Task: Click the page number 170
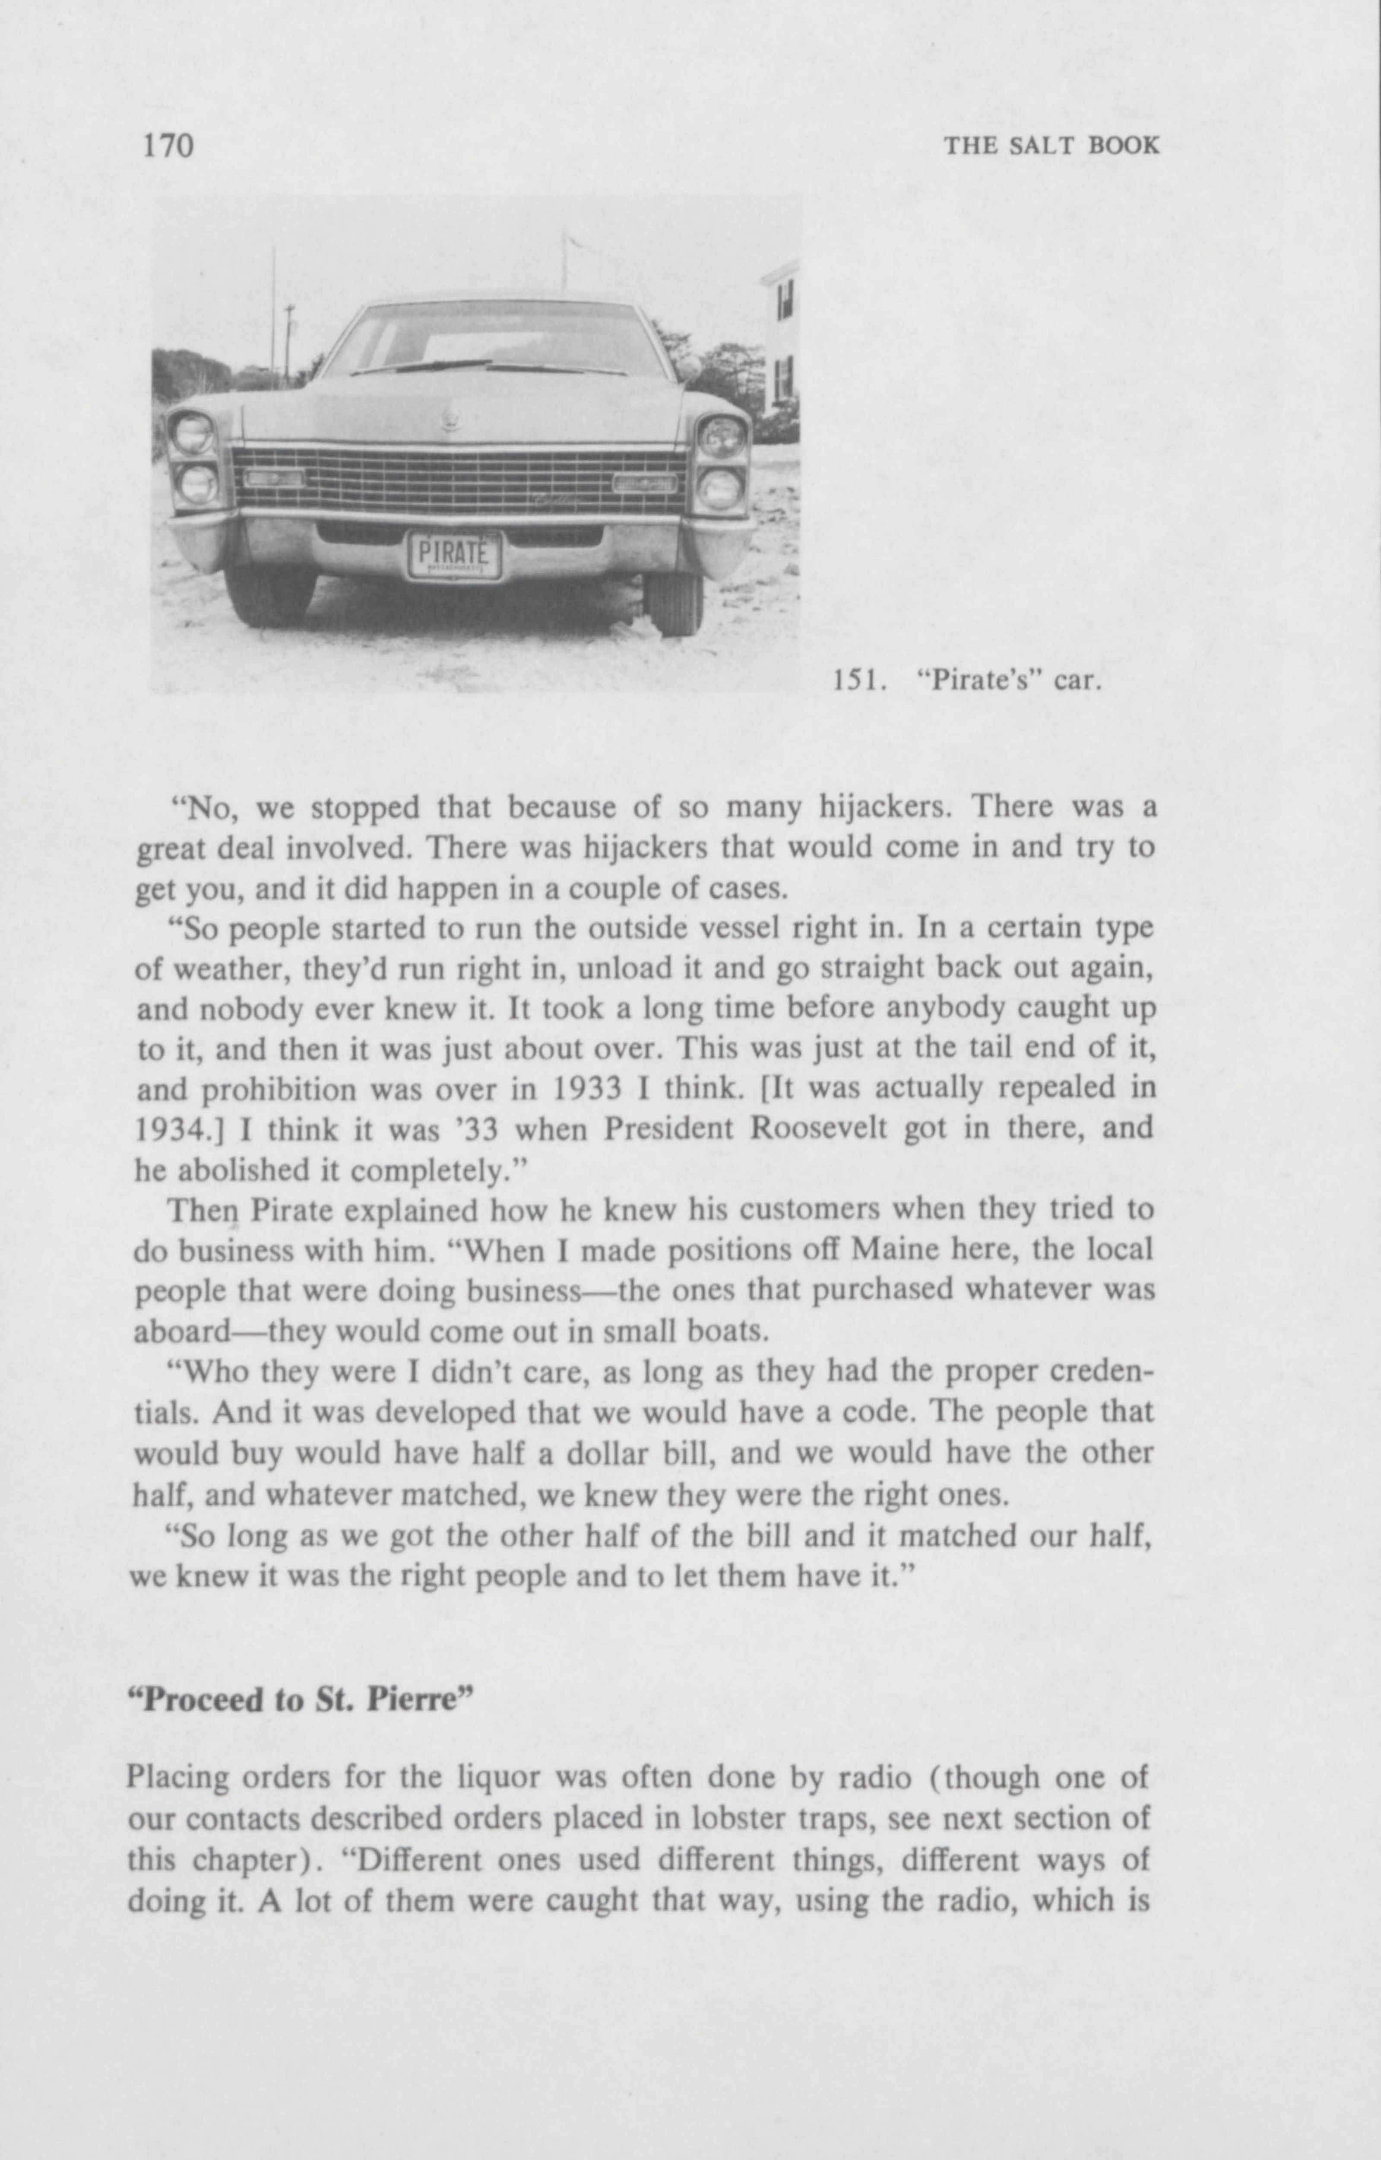click(x=168, y=144)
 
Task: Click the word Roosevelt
click(x=817, y=1128)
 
